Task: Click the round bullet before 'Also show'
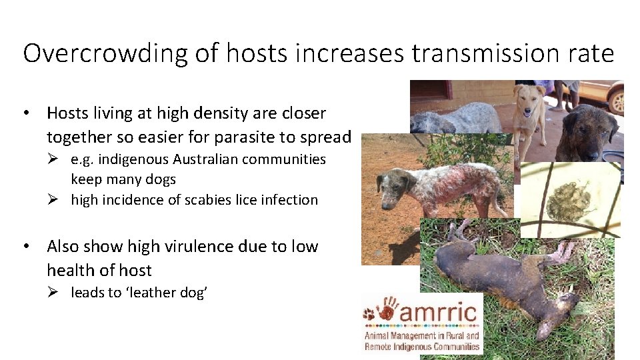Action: (x=27, y=247)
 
